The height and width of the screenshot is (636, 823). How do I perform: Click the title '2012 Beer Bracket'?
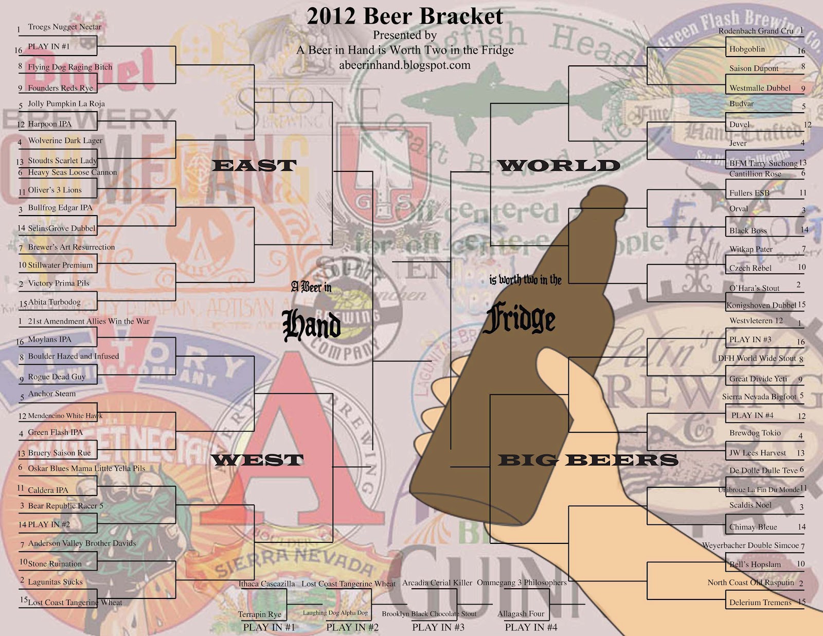point(405,16)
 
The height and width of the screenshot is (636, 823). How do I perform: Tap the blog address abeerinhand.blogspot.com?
point(405,65)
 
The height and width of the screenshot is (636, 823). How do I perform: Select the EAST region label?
point(254,166)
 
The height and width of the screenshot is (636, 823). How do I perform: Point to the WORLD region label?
point(559,166)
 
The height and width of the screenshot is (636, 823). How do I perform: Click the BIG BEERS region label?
point(588,460)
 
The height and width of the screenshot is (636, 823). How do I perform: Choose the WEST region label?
point(257,460)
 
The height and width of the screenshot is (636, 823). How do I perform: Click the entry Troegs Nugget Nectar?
point(64,27)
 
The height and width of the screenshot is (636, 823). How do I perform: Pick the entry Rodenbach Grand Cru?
point(756,31)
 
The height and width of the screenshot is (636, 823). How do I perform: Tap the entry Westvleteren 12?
point(756,321)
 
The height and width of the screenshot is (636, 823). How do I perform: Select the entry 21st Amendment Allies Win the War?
point(88,321)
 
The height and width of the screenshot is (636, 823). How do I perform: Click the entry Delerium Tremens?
point(760,603)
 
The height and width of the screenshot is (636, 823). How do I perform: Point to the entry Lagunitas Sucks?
point(55,582)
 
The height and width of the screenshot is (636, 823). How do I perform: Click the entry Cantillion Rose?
point(755,174)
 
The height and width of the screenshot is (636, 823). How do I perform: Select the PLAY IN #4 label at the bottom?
point(531,627)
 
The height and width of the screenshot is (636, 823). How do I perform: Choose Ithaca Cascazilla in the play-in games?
point(266,584)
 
